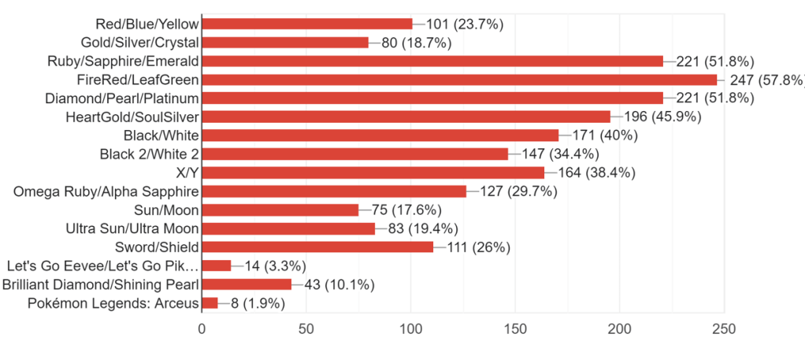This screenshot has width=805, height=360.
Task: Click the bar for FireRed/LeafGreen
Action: click(x=459, y=80)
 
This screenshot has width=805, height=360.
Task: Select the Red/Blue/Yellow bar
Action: click(x=307, y=24)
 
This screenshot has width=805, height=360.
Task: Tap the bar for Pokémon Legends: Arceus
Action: click(x=210, y=302)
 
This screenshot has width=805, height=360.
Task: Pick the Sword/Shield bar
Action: click(x=317, y=247)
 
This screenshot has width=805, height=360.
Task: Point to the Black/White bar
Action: click(x=380, y=135)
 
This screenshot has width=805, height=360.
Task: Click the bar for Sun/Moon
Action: click(x=280, y=210)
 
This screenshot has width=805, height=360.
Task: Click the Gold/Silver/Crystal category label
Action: click(x=139, y=43)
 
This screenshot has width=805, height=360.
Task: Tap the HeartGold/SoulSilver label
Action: click(x=132, y=117)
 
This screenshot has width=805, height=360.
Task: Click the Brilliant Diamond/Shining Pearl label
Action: click(x=101, y=284)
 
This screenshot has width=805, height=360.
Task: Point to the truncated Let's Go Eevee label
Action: click(x=102, y=265)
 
